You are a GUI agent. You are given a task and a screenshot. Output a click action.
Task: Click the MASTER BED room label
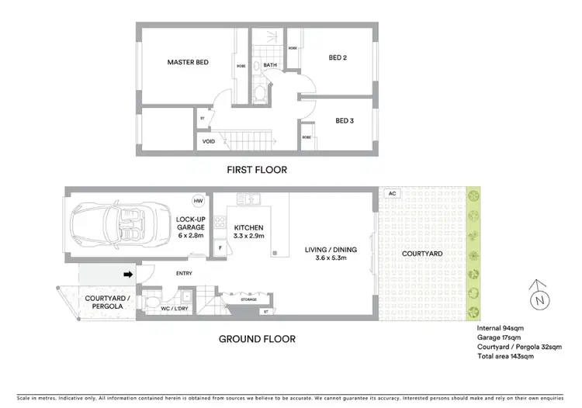pos(188,62)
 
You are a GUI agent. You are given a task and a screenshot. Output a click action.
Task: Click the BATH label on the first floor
pos(270,65)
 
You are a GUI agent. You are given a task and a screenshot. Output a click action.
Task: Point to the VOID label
pos(209,142)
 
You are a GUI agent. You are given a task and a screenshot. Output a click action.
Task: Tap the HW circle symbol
pos(198,200)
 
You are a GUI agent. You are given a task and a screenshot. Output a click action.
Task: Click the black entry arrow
pos(126,273)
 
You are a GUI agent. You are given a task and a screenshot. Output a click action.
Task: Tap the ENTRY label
pos(184,273)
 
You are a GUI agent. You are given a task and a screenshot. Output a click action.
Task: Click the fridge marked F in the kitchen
pos(220,248)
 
